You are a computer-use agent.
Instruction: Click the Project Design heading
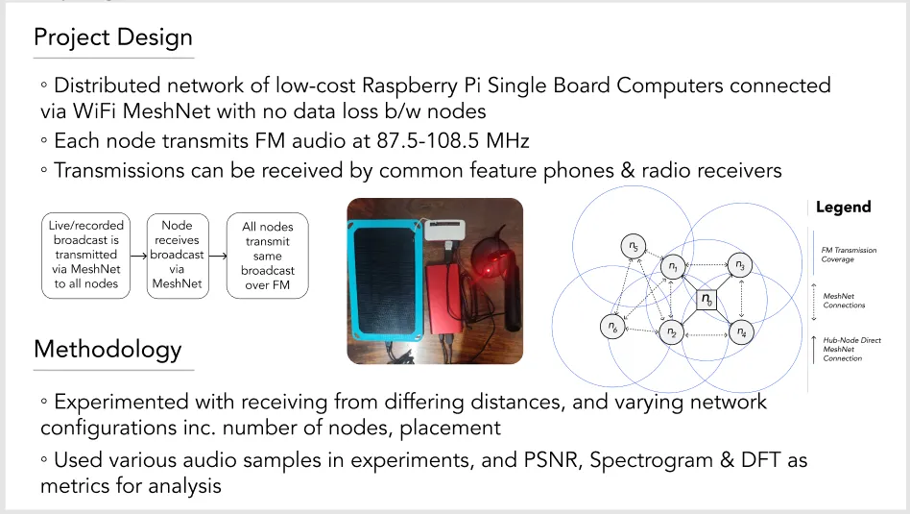point(113,37)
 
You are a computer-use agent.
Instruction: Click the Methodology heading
point(108,349)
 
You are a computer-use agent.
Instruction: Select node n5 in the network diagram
point(632,247)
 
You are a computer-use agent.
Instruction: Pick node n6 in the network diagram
point(611,327)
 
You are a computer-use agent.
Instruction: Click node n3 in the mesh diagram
point(738,264)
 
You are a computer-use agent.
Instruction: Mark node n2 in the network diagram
point(672,332)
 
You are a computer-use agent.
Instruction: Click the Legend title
point(843,207)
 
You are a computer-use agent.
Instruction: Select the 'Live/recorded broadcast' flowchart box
point(84,255)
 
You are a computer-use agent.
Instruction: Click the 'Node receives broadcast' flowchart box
point(177,255)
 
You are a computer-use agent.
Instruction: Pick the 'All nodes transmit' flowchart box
point(268,256)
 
